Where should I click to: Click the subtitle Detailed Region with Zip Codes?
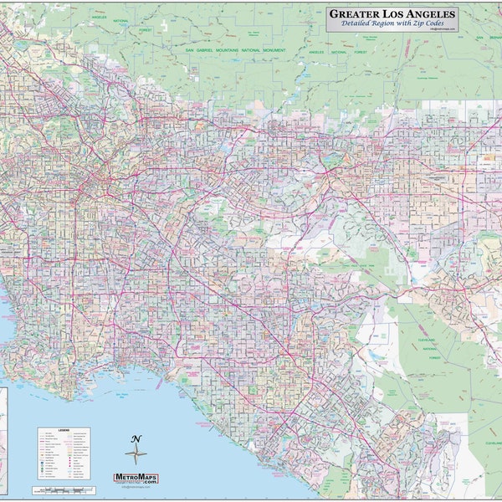click(x=392, y=25)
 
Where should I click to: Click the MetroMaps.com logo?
click(x=136, y=478)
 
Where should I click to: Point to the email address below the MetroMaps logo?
click(x=136, y=487)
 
